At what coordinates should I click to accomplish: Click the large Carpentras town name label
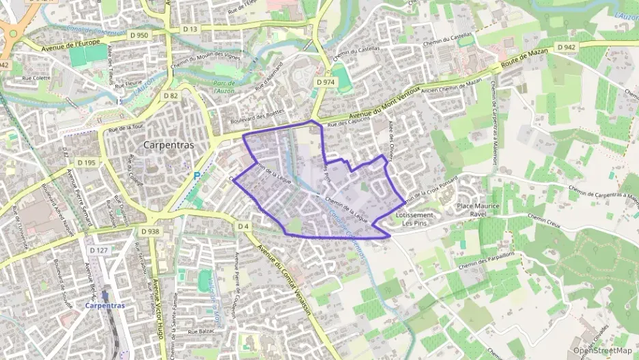point(169,145)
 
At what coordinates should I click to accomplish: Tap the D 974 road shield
point(326,81)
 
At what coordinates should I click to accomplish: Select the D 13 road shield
point(190,29)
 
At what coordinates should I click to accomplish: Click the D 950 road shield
point(139,35)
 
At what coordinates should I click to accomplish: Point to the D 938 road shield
point(150,232)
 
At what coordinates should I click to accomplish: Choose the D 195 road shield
point(86,163)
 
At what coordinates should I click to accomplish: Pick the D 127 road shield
point(98,251)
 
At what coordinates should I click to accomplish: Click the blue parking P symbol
point(197,176)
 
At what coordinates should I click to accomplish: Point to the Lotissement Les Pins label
point(414,219)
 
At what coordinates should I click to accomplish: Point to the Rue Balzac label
point(202,331)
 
